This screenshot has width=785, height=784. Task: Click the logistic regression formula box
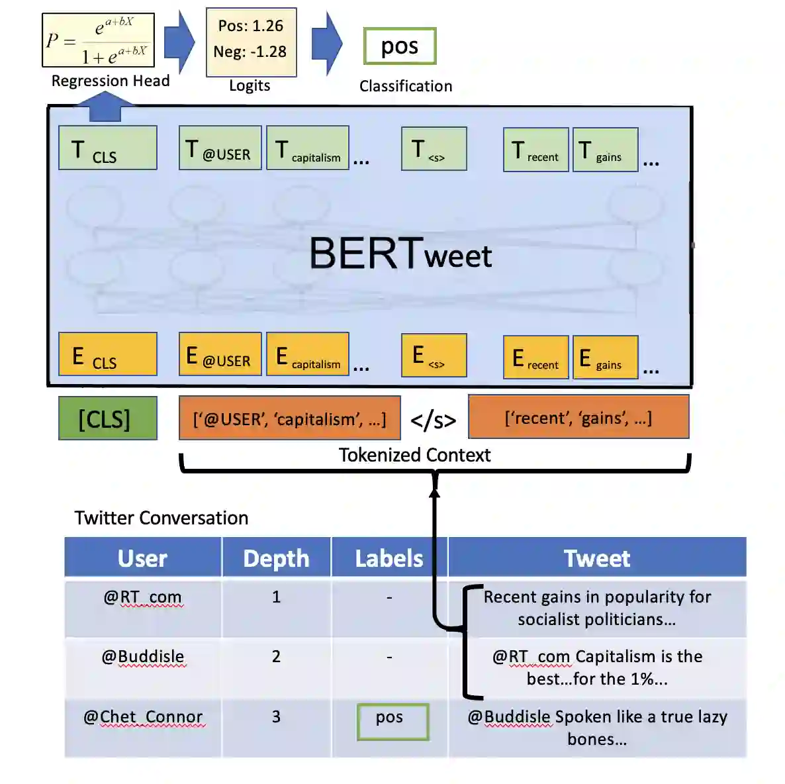pyautogui.click(x=98, y=40)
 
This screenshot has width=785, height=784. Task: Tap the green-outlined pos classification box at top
pyautogui.click(x=400, y=46)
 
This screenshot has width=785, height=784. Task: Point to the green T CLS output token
pyautogui.click(x=107, y=148)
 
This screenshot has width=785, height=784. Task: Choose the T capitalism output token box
pyautogui.click(x=308, y=148)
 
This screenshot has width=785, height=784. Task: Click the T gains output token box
pyautogui.click(x=605, y=150)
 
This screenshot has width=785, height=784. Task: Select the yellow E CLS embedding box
pyautogui.click(x=107, y=354)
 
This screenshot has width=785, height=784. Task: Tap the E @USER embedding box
pyautogui.click(x=220, y=354)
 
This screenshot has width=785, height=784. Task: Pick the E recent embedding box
pyautogui.click(x=535, y=358)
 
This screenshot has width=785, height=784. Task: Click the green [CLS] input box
pyautogui.click(x=107, y=418)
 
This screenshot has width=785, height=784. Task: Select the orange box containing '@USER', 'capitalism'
pyautogui.click(x=289, y=418)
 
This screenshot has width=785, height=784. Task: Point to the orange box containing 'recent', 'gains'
pyautogui.click(x=578, y=417)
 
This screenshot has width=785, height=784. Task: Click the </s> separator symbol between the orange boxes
pyautogui.click(x=434, y=420)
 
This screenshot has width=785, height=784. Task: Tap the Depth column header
pyautogui.click(x=276, y=558)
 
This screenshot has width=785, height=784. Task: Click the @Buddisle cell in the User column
pyautogui.click(x=143, y=657)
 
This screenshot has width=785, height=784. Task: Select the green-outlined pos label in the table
pyautogui.click(x=392, y=721)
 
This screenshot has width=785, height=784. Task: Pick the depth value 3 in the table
pyautogui.click(x=276, y=717)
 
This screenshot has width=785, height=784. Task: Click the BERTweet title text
pyautogui.click(x=400, y=254)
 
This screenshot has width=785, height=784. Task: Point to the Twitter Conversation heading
pyautogui.click(x=162, y=518)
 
